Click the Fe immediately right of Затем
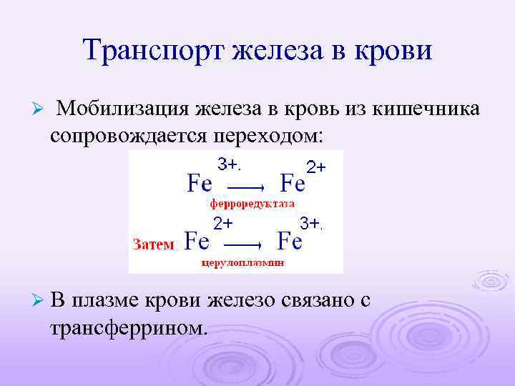[197, 241]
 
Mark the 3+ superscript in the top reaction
[228, 164]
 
